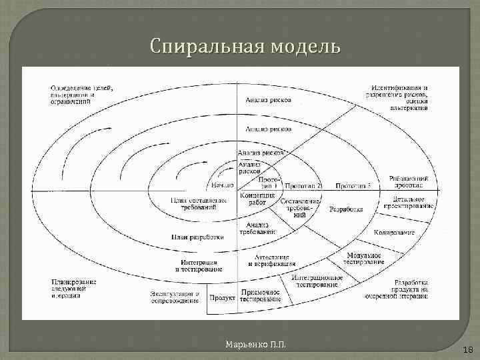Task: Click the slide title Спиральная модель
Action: pyautogui.click(x=245, y=47)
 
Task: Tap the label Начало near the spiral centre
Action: pyautogui.click(x=223, y=185)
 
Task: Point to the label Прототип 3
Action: pyautogui.click(x=352, y=185)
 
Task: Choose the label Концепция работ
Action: pyautogui.click(x=253, y=199)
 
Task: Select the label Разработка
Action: pyautogui.click(x=346, y=209)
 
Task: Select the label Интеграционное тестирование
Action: pyautogui.click(x=317, y=281)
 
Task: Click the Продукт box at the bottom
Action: pyautogui.click(x=222, y=298)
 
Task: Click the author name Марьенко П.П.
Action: pyautogui.click(x=256, y=344)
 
